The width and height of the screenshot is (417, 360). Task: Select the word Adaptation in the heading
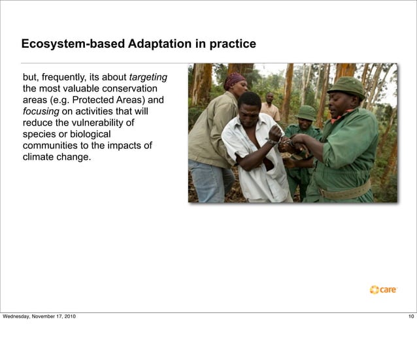coord(159,45)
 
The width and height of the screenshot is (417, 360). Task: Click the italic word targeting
coord(148,77)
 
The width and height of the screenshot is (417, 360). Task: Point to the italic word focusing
coord(41,111)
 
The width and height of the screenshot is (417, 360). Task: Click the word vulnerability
coord(99,123)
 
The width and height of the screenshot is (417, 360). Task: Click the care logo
coord(384,289)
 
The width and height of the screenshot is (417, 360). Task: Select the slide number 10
coord(410,317)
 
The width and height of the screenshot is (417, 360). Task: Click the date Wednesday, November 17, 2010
coord(39,317)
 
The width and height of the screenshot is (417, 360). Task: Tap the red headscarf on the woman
coord(234,80)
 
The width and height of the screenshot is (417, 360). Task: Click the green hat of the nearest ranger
coord(346,86)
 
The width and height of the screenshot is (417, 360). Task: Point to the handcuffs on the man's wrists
coord(282,139)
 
